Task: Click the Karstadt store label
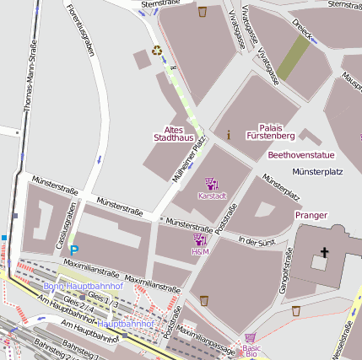click(x=212, y=196)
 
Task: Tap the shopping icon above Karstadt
click(x=212, y=183)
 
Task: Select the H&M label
click(x=200, y=251)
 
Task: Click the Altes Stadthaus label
click(x=174, y=132)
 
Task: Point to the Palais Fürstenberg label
click(x=270, y=130)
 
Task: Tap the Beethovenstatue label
click(x=301, y=155)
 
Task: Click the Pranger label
click(x=311, y=215)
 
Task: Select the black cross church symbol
click(x=323, y=252)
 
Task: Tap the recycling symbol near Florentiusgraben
click(x=157, y=50)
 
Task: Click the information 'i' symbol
click(x=228, y=134)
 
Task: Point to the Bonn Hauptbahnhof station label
click(x=83, y=287)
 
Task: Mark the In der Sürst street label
click(x=257, y=242)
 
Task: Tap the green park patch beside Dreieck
click(x=293, y=58)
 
